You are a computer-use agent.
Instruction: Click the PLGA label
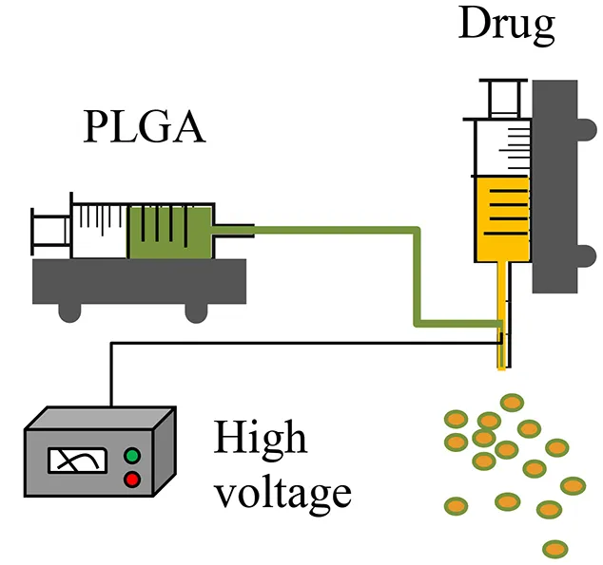[x=144, y=127]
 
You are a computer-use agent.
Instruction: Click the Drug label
[x=506, y=26]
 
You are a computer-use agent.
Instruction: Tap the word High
[x=260, y=439]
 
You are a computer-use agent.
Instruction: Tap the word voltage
[x=282, y=493]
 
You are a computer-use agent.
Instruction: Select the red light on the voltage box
[x=132, y=479]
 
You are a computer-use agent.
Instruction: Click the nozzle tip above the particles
[x=500, y=365]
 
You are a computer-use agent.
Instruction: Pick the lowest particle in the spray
[x=555, y=548]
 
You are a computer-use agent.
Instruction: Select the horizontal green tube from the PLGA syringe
[x=333, y=230]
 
